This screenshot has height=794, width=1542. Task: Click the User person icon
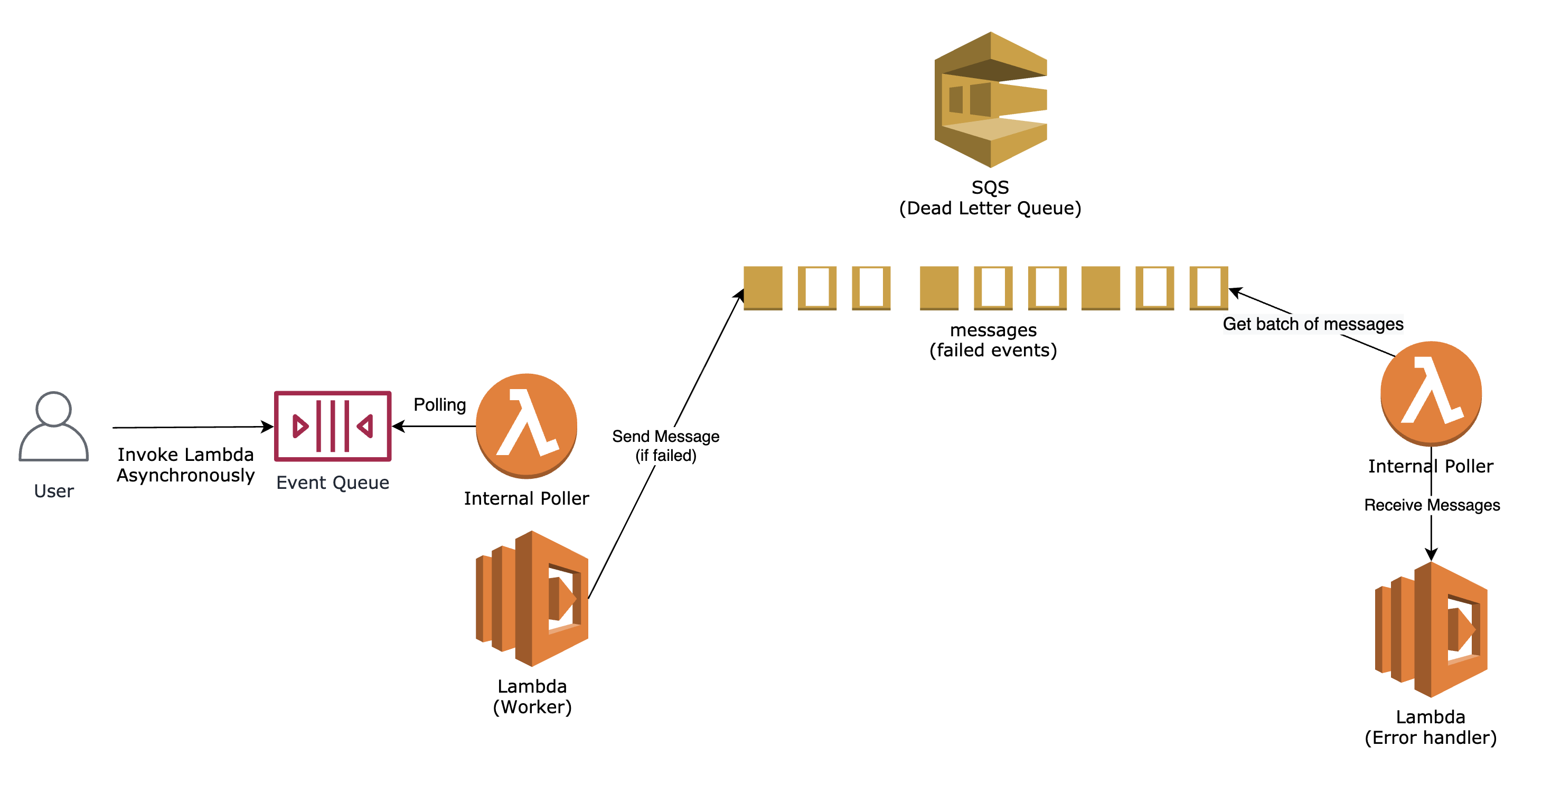click(x=53, y=427)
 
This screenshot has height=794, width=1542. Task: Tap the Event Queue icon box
click(x=332, y=426)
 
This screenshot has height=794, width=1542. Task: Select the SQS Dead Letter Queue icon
click(x=990, y=99)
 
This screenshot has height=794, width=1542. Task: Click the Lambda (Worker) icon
click(x=532, y=598)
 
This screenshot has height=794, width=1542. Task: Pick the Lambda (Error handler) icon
click(x=1431, y=629)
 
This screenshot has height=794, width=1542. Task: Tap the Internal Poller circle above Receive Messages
click(x=1431, y=393)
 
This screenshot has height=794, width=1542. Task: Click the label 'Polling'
click(x=439, y=405)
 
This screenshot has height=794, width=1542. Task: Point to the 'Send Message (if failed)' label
click(x=665, y=446)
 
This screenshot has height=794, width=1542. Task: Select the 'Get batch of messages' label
click(x=1312, y=324)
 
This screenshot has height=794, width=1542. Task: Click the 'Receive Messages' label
click(x=1431, y=505)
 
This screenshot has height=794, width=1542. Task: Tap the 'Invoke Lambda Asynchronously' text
click(x=185, y=465)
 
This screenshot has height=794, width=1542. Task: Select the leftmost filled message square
click(x=763, y=288)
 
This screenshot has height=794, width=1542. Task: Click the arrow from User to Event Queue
click(x=192, y=427)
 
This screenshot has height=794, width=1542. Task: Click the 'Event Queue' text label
click(x=332, y=483)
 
